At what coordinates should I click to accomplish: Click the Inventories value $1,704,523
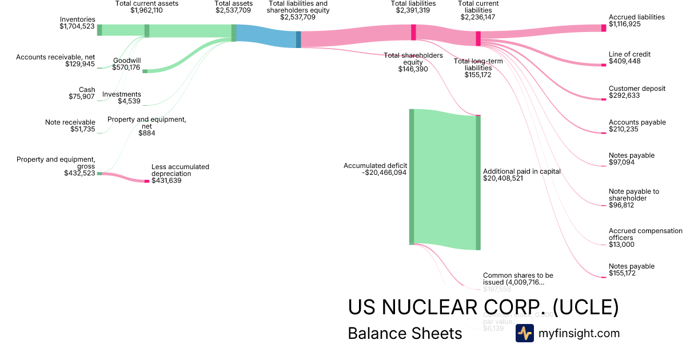pos(77,26)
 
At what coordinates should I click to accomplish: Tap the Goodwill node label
pos(127,60)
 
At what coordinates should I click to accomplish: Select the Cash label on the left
pos(87,90)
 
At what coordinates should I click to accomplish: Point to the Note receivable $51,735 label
pos(70,126)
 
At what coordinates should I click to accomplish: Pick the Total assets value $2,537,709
pos(233,10)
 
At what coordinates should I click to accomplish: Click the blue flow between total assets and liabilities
pos(266,36)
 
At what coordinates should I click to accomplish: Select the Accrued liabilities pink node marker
pos(603,27)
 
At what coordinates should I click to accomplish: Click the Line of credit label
pos(629,54)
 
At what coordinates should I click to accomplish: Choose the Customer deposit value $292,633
pos(624,95)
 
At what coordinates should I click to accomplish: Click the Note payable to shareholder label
pos(633,195)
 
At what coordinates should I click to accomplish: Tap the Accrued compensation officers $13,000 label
pos(645,238)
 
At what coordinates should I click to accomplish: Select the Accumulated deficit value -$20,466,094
pos(384,172)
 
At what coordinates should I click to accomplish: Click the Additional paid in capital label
pos(521,171)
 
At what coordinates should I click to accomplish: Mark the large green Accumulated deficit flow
pos(445,177)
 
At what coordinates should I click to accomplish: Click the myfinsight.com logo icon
pos(524,333)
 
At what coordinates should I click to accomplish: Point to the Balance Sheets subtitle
pos(405,333)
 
